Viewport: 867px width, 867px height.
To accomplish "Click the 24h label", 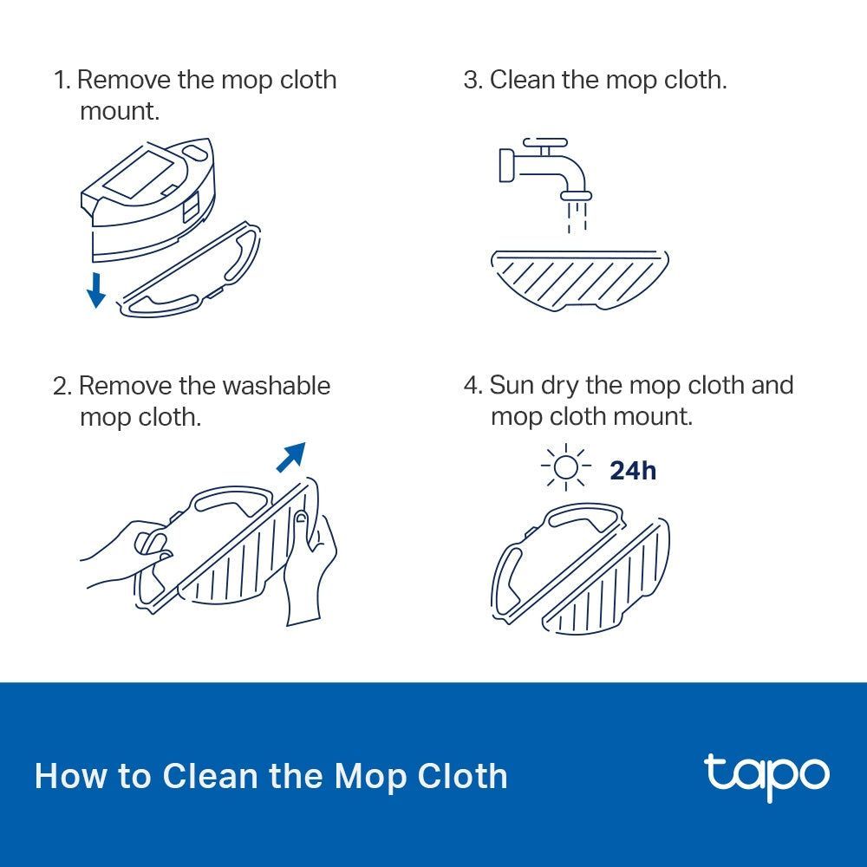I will point(632,470).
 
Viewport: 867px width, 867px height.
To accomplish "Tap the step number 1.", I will point(60,80).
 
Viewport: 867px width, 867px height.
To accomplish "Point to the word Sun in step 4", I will point(512,385).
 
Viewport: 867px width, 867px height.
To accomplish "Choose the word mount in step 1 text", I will point(120,111).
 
